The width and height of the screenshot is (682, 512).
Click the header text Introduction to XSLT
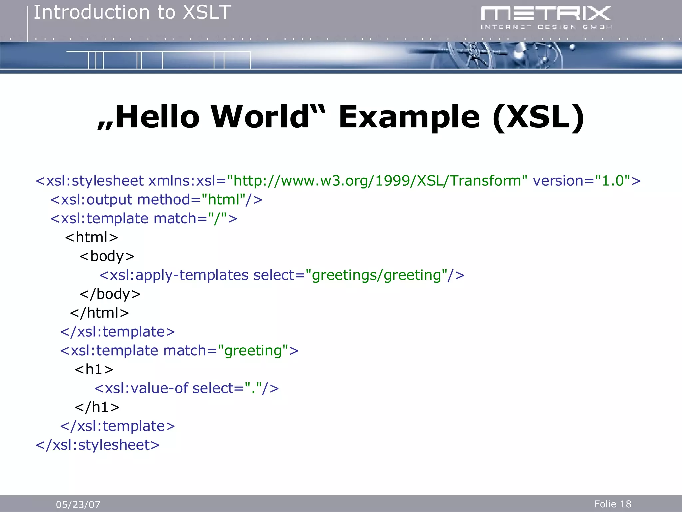pyautogui.click(x=132, y=13)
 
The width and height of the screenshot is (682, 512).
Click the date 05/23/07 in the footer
pyautogui.click(x=78, y=504)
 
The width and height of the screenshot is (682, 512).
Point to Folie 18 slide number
pyautogui.click(x=613, y=504)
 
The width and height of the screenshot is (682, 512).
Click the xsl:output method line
pyautogui.click(x=156, y=200)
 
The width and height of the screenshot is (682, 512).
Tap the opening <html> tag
pyautogui.click(x=92, y=238)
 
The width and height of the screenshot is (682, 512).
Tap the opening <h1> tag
pyautogui.click(x=94, y=370)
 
